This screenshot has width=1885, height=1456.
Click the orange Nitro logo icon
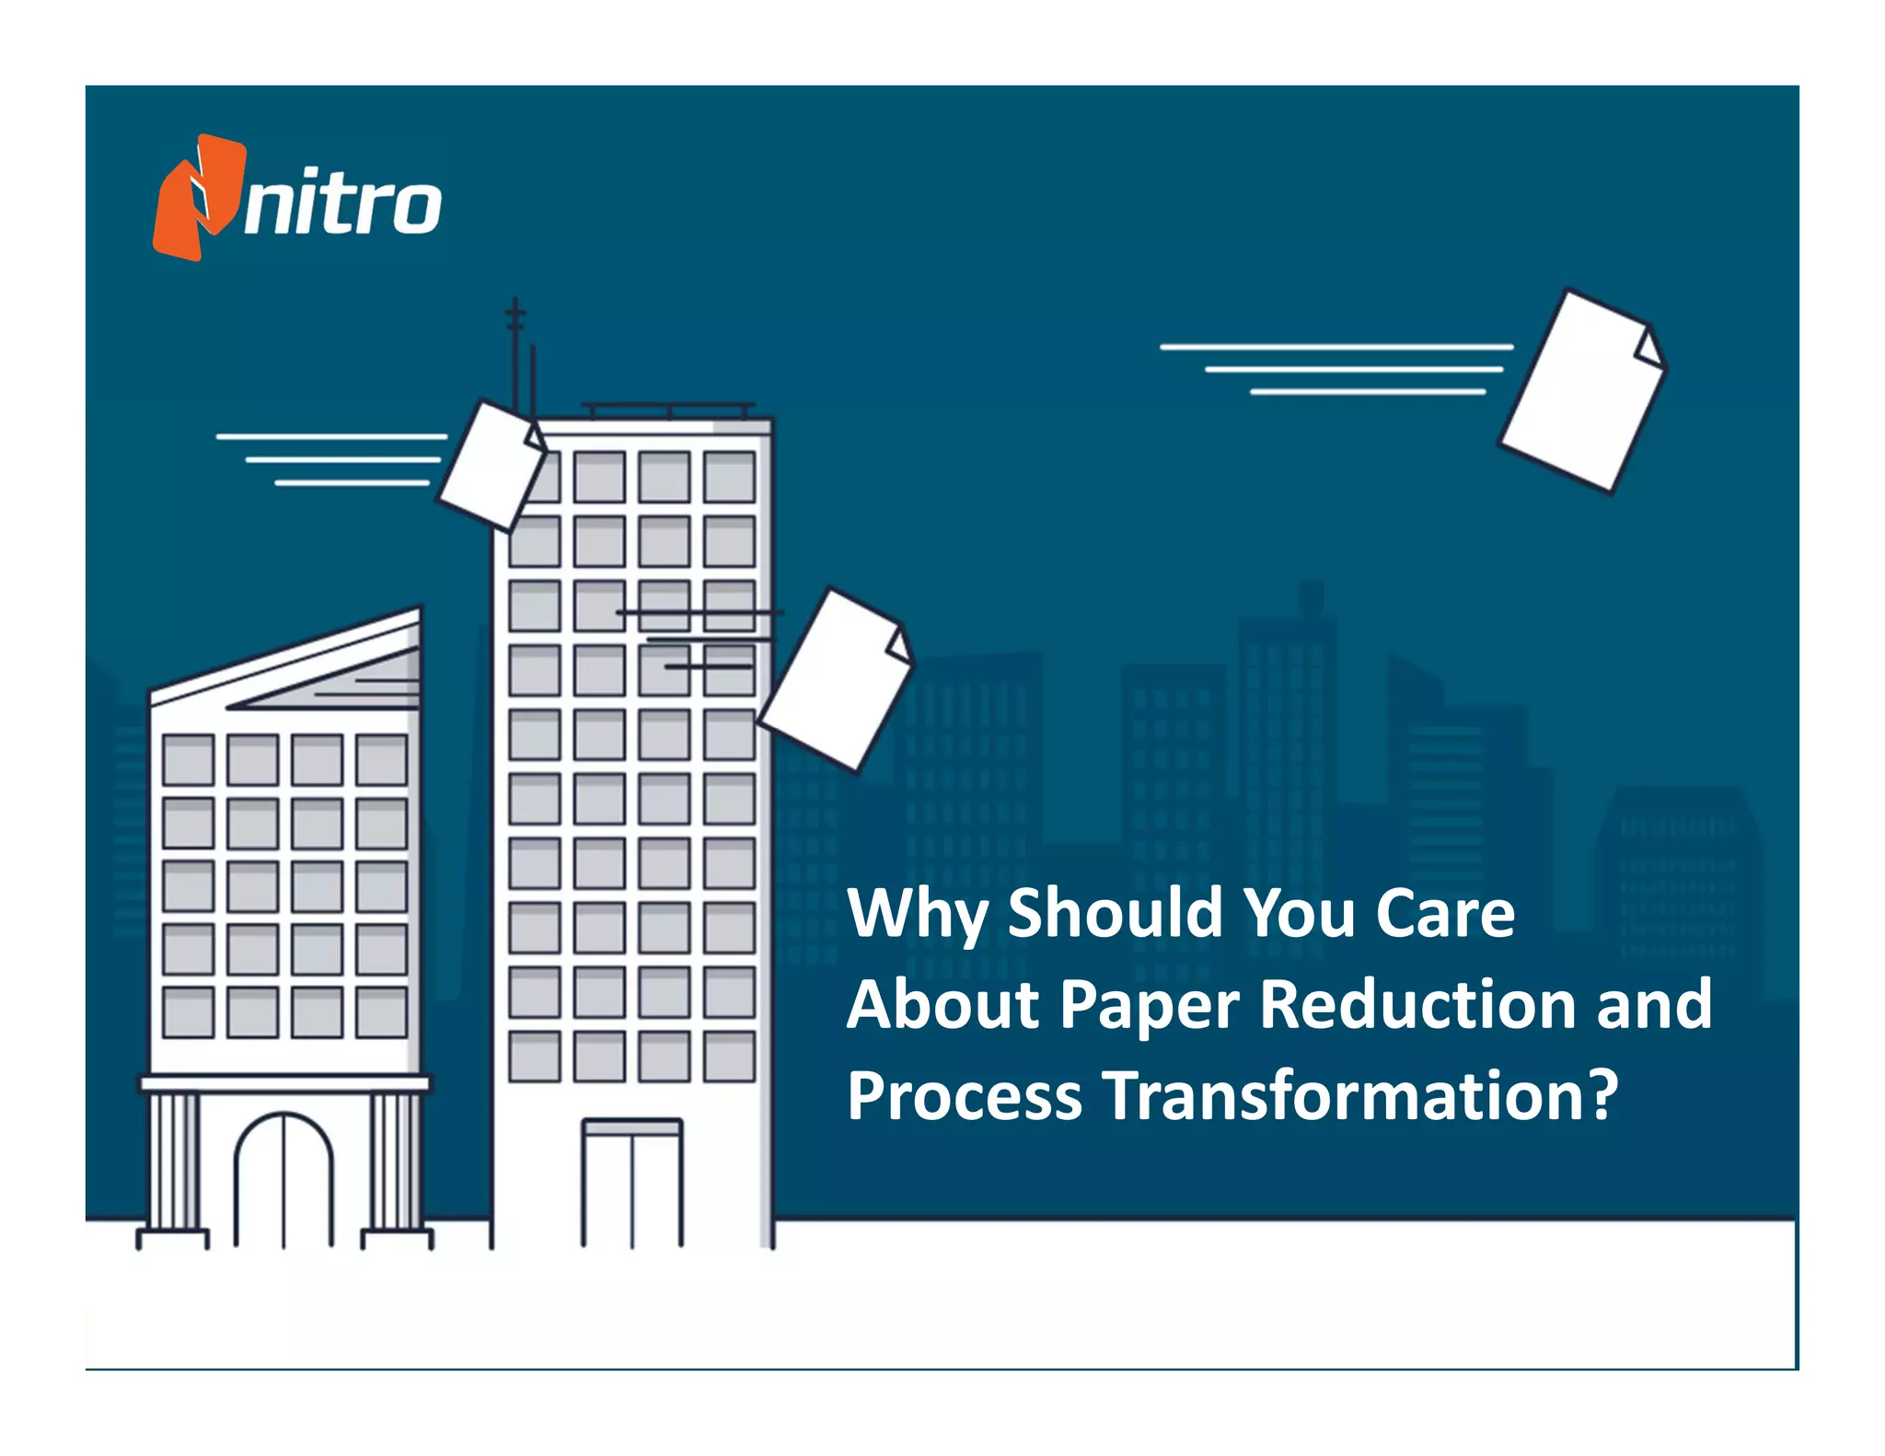click(198, 197)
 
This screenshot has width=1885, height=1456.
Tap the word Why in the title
click(917, 913)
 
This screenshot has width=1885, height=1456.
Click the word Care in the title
click(1444, 913)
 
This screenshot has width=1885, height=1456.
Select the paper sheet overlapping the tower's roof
click(491, 465)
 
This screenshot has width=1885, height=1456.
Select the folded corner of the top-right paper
click(1648, 349)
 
